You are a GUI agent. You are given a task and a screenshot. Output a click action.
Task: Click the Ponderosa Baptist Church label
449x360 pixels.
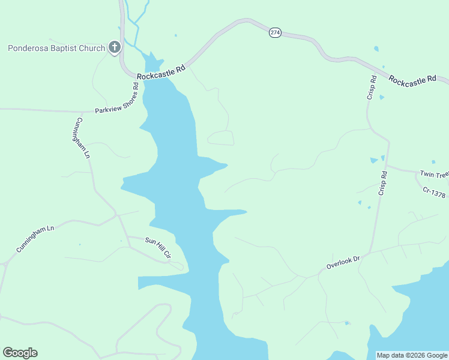[56, 48]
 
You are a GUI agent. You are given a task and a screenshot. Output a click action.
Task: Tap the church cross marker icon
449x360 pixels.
[114, 47]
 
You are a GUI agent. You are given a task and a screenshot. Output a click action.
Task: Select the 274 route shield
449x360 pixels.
[274, 33]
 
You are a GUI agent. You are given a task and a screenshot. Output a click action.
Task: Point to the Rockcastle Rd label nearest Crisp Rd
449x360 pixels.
[412, 79]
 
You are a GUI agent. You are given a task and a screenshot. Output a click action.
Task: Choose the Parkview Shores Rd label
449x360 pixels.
[117, 99]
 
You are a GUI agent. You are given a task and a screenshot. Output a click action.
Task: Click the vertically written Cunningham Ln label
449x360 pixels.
[83, 137]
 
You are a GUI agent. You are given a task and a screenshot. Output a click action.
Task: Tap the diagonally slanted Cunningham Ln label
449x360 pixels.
[35, 238]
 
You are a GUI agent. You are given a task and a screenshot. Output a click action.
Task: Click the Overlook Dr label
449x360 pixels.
[343, 262]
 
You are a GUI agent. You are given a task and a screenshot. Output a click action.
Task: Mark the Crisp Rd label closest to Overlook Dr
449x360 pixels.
[382, 182]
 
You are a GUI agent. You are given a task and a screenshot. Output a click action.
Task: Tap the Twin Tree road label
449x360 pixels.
[434, 175]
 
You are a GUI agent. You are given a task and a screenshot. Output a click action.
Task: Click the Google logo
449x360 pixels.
[20, 353]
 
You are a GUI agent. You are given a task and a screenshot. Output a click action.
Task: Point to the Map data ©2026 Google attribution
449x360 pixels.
[412, 356]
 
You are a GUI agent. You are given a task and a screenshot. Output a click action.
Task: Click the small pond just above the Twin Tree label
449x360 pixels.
[433, 161]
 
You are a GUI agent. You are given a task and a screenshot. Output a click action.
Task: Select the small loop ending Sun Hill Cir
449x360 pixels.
[176, 265]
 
